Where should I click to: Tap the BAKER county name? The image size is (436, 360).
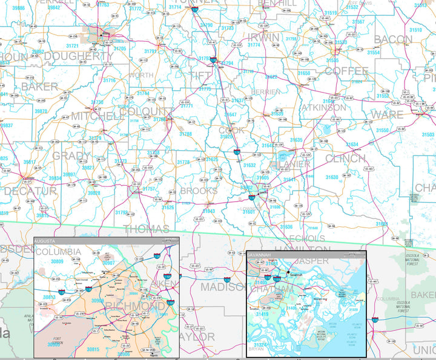point(39,87)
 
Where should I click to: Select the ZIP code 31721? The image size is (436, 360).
point(73,46)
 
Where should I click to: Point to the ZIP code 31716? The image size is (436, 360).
point(109,80)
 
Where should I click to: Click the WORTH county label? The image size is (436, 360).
point(141,75)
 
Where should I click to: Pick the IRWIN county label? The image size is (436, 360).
point(263,38)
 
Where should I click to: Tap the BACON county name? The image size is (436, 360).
point(393,40)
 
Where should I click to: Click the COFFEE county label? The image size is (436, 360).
point(346,71)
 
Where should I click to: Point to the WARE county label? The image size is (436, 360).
point(387,114)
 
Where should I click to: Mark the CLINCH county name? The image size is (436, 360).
point(345,159)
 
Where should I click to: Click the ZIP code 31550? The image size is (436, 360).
point(382,131)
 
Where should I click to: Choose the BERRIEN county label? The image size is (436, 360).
point(267,91)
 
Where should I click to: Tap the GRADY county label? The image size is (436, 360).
point(71,155)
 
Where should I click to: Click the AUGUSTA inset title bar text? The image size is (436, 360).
point(48,240)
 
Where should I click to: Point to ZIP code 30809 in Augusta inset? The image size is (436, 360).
point(57,261)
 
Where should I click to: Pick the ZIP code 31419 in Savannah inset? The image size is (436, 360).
point(262,315)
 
